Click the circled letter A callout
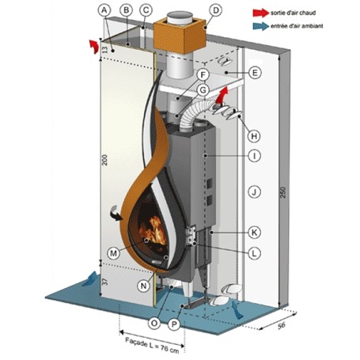click(x=104, y=10)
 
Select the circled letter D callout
click(x=216, y=10)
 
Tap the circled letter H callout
click(x=254, y=136)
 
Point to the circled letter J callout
click(x=255, y=192)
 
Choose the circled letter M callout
click(x=113, y=253)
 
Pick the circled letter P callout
click(x=174, y=324)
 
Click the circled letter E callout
click(x=255, y=73)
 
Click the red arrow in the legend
click(x=260, y=13)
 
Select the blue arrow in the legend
click(x=260, y=26)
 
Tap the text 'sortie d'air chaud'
click(x=293, y=13)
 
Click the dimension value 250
click(x=282, y=193)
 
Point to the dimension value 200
click(x=105, y=160)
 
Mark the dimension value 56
click(x=282, y=325)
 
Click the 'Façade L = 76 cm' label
click(x=152, y=345)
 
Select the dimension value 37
click(x=105, y=282)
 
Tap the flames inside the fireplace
click(x=153, y=231)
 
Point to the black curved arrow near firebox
click(x=116, y=213)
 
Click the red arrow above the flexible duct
click(x=222, y=96)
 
